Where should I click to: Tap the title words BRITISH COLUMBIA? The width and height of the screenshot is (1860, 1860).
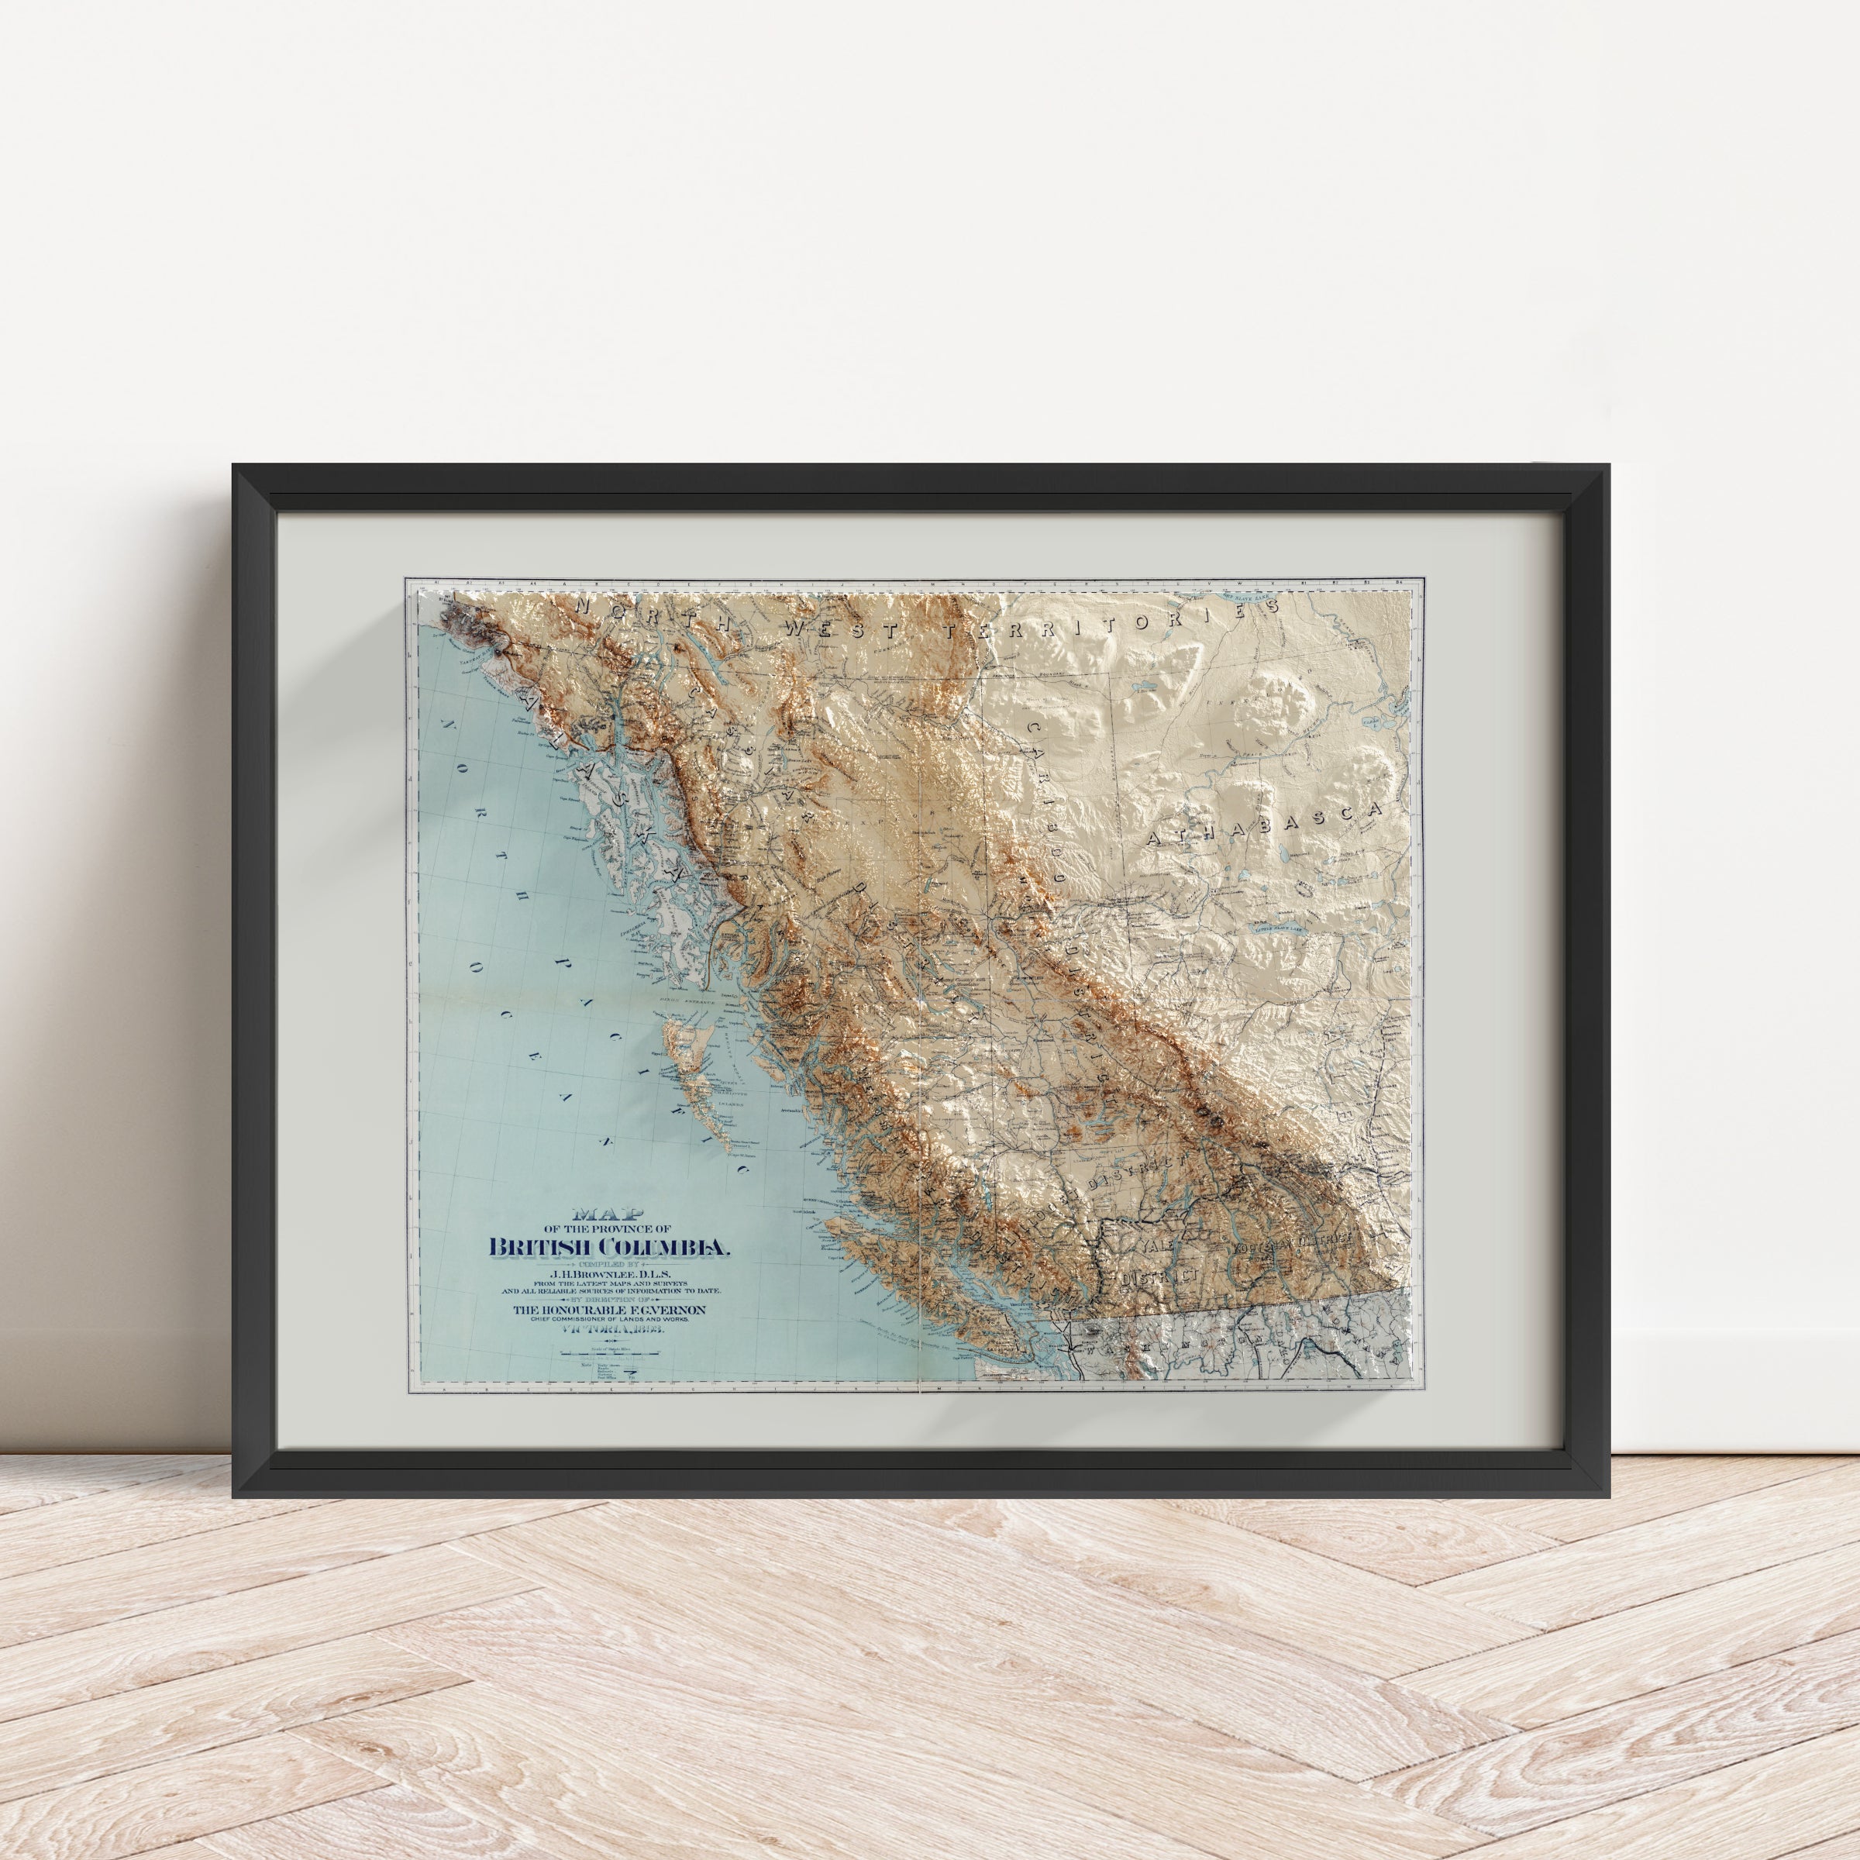click(x=609, y=1248)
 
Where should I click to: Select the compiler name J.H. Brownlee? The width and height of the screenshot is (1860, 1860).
click(x=608, y=1276)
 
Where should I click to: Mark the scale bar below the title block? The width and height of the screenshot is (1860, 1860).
click(x=608, y=1352)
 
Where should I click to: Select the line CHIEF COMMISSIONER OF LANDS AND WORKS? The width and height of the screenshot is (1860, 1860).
click(x=608, y=1320)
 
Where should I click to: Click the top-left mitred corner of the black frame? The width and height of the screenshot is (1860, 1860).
click(x=252, y=484)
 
